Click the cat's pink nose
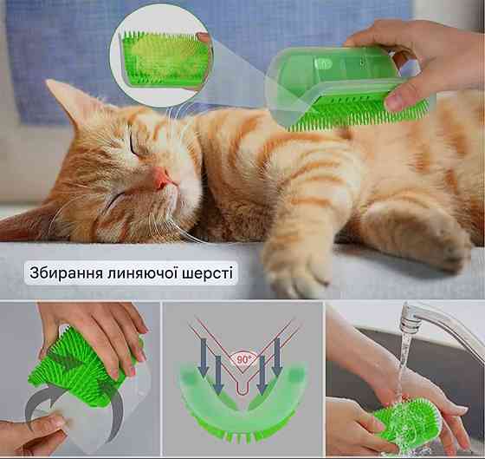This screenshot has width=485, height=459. (162, 178)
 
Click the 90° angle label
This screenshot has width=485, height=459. (244, 359)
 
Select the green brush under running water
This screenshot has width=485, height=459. (408, 422)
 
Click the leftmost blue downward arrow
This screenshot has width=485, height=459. (204, 357)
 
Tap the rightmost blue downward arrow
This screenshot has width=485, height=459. (276, 357)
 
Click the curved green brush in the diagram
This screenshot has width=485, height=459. (242, 403)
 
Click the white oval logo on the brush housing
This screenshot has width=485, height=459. (323, 64)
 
